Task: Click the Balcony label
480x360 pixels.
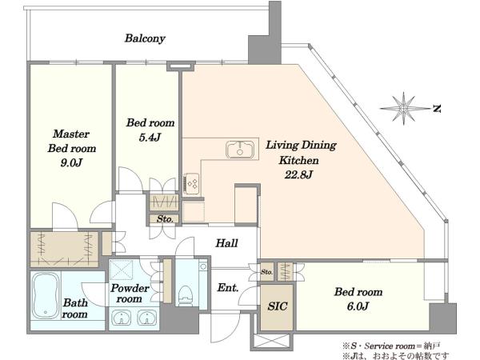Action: (145, 38)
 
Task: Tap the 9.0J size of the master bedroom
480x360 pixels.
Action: (71, 163)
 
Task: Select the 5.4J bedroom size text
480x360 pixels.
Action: (150, 138)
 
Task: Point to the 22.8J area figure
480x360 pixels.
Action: (298, 174)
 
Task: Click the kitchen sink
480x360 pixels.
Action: (240, 150)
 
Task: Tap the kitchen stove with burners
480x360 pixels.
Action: (192, 183)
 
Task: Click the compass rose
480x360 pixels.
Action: (403, 108)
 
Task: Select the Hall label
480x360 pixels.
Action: (226, 243)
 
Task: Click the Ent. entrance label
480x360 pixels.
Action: (228, 288)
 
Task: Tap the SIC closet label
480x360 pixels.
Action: (278, 306)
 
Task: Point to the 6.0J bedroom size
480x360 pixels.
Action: (358, 306)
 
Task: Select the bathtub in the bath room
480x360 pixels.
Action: (46, 296)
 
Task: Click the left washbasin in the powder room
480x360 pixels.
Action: (122, 317)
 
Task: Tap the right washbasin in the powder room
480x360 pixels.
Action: (147, 317)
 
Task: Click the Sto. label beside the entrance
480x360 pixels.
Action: (266, 272)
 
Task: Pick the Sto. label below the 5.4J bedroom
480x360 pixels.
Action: (165, 219)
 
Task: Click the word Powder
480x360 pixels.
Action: (130, 288)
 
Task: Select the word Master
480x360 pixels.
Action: (71, 134)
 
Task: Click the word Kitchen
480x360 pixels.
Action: (298, 160)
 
